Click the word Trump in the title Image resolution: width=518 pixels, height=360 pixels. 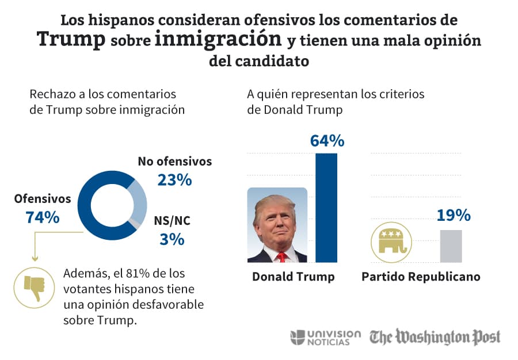[71, 40]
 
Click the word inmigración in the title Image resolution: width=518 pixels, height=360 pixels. [219, 40]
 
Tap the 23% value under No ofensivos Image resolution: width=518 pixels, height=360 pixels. [174, 180]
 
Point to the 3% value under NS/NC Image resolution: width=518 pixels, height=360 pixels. [172, 239]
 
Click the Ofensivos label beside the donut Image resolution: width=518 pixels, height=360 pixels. [43, 199]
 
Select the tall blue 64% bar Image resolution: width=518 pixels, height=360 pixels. [326, 207]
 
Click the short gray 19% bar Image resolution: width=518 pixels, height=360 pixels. [451, 246]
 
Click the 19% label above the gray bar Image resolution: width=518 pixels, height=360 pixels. [454, 216]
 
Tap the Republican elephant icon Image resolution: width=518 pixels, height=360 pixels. [393, 242]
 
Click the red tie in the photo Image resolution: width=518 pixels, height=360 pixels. [280, 256]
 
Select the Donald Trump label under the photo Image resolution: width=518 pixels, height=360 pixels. [293, 277]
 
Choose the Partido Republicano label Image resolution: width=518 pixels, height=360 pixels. [421, 277]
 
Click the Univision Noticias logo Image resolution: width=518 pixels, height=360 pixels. [326, 338]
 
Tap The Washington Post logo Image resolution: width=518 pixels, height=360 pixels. [435, 337]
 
